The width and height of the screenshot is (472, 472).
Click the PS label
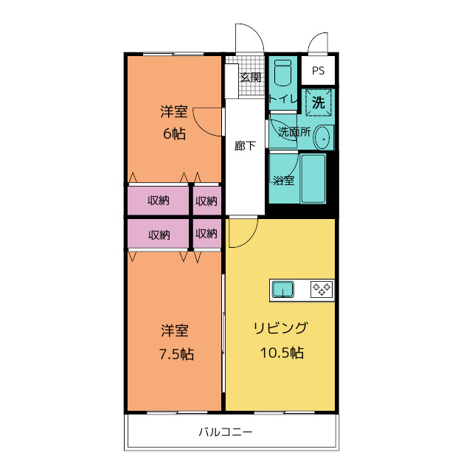pos(318,71)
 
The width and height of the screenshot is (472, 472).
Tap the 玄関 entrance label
pos(250,77)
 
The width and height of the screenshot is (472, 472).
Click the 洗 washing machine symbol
pos(318,103)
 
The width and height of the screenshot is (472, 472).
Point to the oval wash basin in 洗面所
pos(322,138)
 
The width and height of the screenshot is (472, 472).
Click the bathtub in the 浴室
pos(313,178)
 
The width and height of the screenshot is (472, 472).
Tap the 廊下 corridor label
pos(245,146)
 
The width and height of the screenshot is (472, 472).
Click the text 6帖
pos(174,133)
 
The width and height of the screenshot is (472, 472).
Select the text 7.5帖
pos(176,354)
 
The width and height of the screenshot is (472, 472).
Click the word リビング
pos(280,329)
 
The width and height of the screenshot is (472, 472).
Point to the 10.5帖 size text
pos(281,353)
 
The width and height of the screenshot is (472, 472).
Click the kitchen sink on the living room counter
pos(283,289)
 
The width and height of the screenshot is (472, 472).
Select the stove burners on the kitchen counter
pos(322,289)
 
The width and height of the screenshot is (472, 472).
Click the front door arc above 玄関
pos(249,38)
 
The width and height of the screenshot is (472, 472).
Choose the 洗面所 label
pos(293,133)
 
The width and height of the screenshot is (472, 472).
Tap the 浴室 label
pos(284,180)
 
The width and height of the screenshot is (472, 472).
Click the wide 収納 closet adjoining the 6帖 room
pos(158,201)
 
